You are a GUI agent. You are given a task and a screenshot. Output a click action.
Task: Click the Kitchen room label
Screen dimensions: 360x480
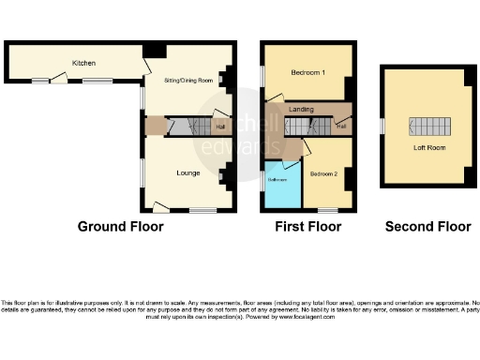coord(84,63)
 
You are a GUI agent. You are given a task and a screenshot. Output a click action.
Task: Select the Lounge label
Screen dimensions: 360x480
coord(187,173)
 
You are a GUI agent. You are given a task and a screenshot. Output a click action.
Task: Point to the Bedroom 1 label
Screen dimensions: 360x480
coord(307,73)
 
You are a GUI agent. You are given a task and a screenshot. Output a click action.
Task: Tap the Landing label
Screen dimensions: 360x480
coord(301,110)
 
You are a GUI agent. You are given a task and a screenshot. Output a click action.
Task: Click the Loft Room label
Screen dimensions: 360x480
coord(427,147)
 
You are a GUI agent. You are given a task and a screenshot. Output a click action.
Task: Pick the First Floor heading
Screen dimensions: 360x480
coord(307,227)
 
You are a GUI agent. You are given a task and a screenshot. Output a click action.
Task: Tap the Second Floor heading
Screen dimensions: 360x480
coord(427,227)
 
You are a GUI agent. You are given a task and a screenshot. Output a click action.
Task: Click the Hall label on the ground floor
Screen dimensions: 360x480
coord(221,127)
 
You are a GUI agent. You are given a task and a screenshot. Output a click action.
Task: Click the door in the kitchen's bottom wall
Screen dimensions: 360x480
coord(59,82)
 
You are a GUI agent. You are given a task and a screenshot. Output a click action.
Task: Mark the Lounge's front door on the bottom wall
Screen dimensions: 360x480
coord(160,207)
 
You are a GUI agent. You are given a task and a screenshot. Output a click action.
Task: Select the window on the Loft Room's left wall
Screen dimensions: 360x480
coord(382,126)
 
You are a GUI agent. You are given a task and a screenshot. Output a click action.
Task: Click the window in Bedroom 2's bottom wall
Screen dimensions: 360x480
coord(327,209)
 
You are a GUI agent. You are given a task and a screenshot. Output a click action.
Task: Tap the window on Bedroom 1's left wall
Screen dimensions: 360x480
coord(262,72)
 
